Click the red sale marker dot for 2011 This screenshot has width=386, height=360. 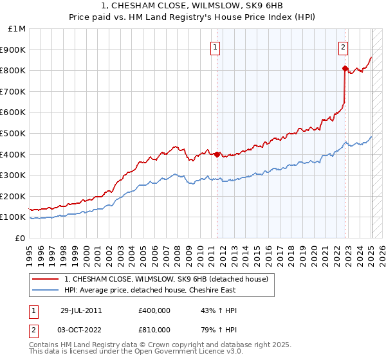coord(217,154)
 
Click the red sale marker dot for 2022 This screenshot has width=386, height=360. coord(345,68)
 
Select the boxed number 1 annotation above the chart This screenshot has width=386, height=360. coord(215,46)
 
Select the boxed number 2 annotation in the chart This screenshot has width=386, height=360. coord(344,46)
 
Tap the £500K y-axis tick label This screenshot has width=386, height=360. coord(14,133)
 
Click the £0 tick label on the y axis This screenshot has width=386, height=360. coord(20,238)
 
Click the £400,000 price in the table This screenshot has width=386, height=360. coord(154,310)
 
